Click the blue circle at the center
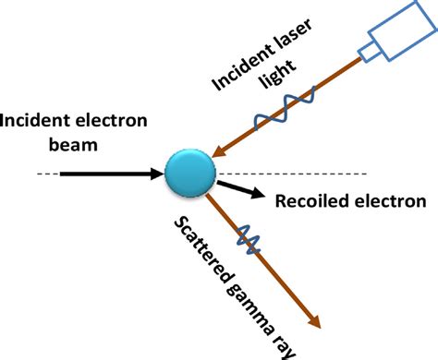tap(190, 173)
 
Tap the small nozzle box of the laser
tap(369, 53)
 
